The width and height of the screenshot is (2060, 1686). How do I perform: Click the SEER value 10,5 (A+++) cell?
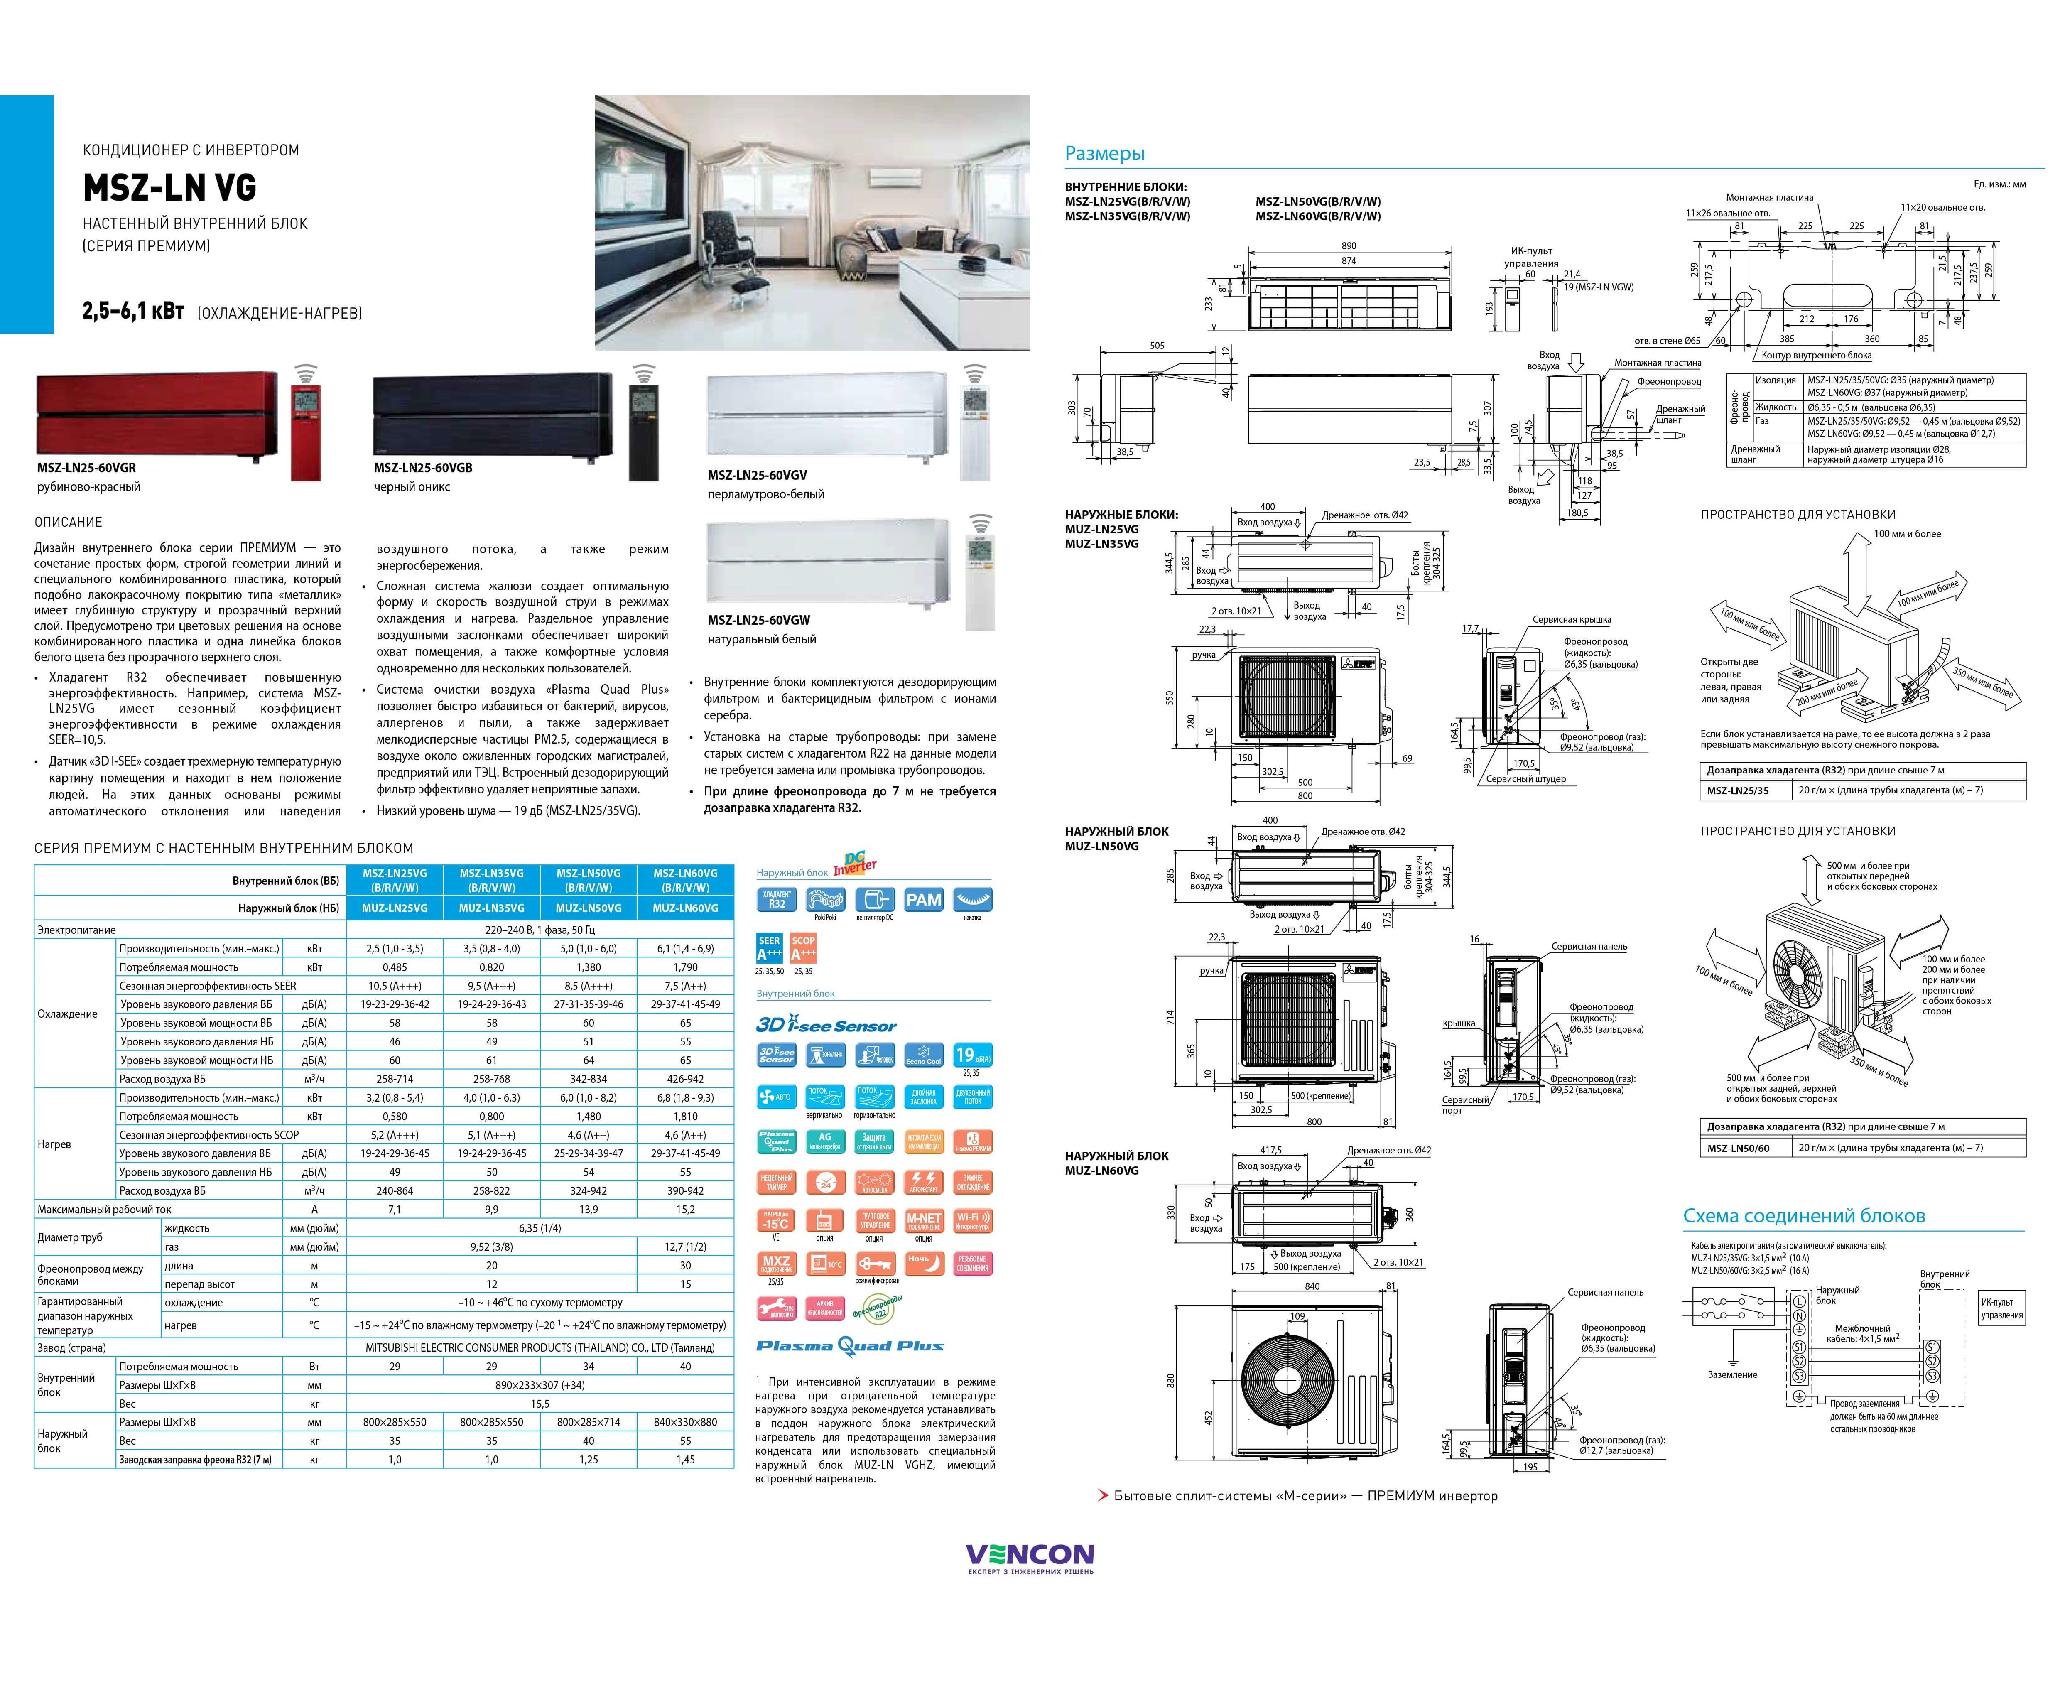point(394,986)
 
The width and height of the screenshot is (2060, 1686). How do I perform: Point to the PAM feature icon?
point(923,900)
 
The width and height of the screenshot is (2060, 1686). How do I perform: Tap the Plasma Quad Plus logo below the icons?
point(850,1346)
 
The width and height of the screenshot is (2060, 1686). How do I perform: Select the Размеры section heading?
point(1104,153)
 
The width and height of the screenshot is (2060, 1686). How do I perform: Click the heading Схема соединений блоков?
point(1804,1216)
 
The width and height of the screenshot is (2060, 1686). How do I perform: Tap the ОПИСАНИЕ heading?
point(68,523)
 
